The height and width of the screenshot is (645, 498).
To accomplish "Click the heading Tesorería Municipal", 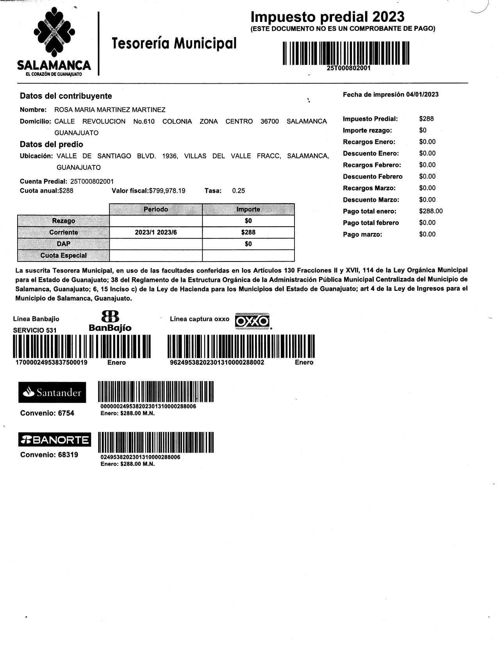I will pos(174,43).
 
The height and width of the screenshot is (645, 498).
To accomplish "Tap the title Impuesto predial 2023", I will pos(327,17).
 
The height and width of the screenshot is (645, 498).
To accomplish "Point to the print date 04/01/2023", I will pos(422,95).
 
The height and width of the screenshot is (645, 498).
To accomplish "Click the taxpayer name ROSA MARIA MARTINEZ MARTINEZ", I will pos(110,110).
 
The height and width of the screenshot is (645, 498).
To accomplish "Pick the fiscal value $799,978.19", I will pos(167,191).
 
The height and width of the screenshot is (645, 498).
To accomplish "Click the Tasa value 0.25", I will pos(238,191).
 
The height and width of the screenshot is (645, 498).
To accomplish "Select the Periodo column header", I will pos(156,210).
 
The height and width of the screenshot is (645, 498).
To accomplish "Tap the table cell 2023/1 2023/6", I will pos(156,233).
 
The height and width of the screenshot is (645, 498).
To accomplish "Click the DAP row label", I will pos(64,244).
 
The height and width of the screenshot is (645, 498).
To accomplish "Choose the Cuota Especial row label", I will pos(64,256).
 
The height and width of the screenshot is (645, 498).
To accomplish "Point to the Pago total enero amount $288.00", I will pos(431,211).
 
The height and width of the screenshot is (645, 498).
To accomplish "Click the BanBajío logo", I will pos(110,321).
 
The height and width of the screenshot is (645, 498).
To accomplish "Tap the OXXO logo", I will pos(252,321).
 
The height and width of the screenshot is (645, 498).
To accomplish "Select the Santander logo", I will pos(52,392).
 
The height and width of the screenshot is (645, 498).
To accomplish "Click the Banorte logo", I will pos(55,440).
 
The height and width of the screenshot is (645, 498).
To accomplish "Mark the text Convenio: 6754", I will pos(47,413).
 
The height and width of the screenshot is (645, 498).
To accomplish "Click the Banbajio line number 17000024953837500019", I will pos(51,362).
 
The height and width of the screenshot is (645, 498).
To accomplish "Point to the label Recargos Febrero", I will pos(372,165).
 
